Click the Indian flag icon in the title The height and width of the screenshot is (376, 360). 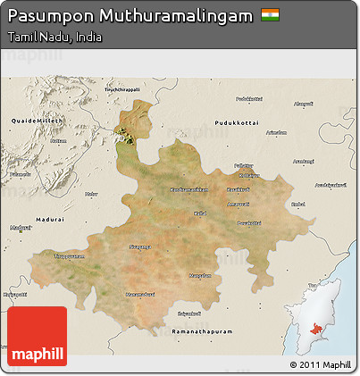point(270,16)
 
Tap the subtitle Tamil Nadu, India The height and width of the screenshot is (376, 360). point(53,38)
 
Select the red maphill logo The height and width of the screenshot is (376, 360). point(37,337)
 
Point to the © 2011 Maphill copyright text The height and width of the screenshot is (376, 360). point(320,364)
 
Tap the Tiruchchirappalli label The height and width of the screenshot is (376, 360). point(124,88)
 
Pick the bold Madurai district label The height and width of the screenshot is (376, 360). point(49,218)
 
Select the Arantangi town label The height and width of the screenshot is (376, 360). point(304,162)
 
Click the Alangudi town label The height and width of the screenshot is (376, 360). point(304,104)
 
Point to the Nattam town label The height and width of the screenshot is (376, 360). point(58,140)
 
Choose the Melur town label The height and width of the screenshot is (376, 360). point(90,193)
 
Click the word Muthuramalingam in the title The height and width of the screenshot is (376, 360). point(171,16)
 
